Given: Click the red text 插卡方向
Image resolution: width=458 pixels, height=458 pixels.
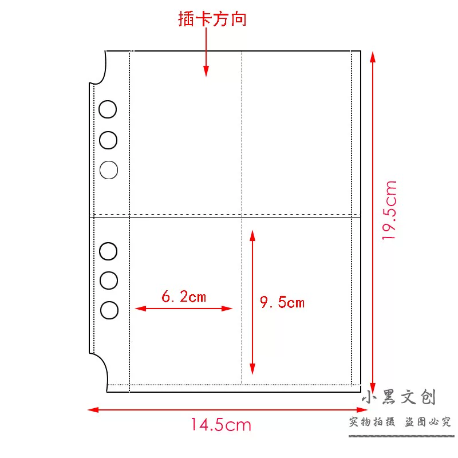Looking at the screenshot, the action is [212, 19].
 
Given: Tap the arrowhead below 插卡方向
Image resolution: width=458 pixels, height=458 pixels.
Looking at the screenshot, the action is [206, 71].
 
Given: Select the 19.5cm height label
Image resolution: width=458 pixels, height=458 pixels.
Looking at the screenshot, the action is [389, 210].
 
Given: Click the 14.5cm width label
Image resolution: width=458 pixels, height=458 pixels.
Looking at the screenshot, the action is [221, 425].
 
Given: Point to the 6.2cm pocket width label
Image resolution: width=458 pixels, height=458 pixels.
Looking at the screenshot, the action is [184, 296].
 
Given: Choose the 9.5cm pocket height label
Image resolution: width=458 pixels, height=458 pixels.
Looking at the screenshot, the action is [282, 302].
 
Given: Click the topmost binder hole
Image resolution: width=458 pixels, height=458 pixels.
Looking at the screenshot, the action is [108, 109].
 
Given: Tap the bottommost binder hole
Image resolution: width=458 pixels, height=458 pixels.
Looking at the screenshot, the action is [109, 310].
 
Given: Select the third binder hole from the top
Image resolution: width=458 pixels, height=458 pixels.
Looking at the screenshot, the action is [109, 169].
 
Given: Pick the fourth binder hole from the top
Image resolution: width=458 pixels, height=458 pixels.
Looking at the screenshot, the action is [108, 251].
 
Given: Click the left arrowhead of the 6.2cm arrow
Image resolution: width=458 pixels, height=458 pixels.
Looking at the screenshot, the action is [140, 309].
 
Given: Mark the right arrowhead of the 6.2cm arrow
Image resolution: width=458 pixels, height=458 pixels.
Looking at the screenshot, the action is [227, 309].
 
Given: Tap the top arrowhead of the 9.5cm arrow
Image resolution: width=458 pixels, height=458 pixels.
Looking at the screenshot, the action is [252, 235].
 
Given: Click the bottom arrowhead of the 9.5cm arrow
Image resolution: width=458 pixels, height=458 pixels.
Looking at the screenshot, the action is [252, 369].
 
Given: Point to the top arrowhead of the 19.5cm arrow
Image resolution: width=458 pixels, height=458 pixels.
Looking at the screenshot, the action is [373, 57].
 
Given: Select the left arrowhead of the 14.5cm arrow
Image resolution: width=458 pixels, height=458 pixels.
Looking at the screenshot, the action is [93, 410].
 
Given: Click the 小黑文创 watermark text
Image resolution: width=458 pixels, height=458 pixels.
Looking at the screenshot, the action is [399, 397].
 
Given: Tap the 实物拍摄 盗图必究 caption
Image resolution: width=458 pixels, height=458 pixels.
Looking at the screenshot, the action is [400, 422].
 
